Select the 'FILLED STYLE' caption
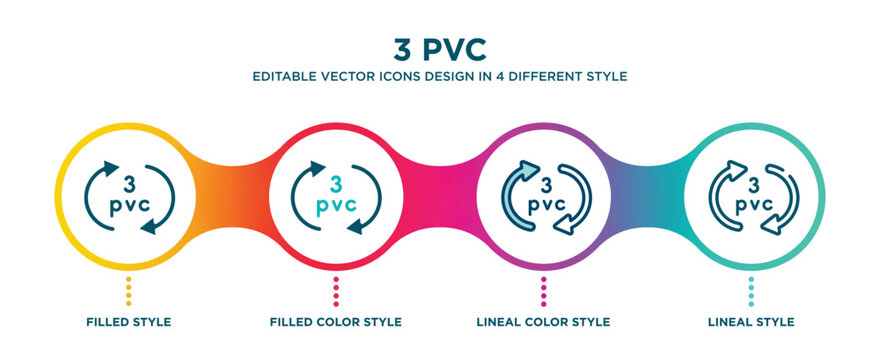click(129, 322)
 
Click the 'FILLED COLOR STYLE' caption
click(336, 322)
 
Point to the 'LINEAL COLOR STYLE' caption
click(543, 322)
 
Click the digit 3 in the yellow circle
click(129, 183)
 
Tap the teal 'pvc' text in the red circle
click(336, 206)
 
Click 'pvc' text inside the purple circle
click(544, 204)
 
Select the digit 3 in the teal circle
click(751, 183)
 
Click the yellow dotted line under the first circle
click(129, 291)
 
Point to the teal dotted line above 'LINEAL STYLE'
click(751, 291)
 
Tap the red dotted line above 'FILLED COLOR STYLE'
click(336, 291)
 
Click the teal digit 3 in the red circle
click(336, 183)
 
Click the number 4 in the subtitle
click(499, 76)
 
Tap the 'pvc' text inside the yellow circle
click(129, 206)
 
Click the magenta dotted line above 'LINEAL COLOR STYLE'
click(543, 291)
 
